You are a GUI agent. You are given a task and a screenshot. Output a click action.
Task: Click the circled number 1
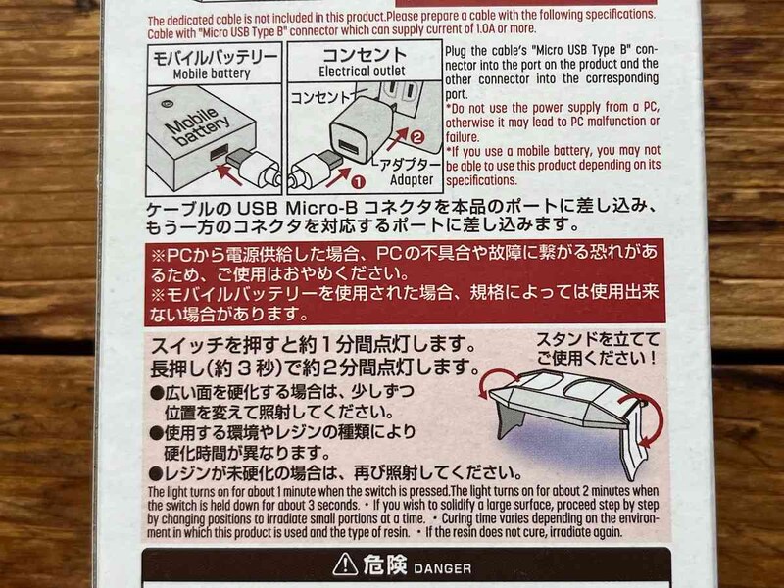pyautogui.click(x=358, y=179)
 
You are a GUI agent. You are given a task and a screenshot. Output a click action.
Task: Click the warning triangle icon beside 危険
pyautogui.click(x=345, y=566)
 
